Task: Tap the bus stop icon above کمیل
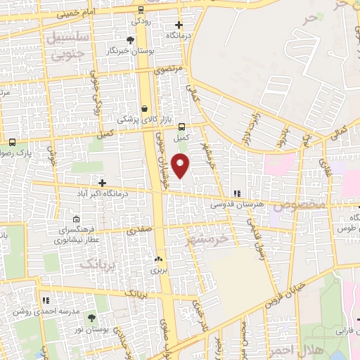coord(182,127)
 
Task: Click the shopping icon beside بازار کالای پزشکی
coord(145,109)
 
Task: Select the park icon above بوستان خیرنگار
coord(131,40)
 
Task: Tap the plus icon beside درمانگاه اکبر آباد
coord(103,182)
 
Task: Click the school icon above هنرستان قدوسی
coord(237,193)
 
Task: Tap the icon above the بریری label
coord(158,259)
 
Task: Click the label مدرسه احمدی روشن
coord(39,311)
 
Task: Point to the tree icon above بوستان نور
coord(91,319)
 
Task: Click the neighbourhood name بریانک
coord(97,263)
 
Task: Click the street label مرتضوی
coord(168,70)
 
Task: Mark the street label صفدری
coord(139,229)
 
